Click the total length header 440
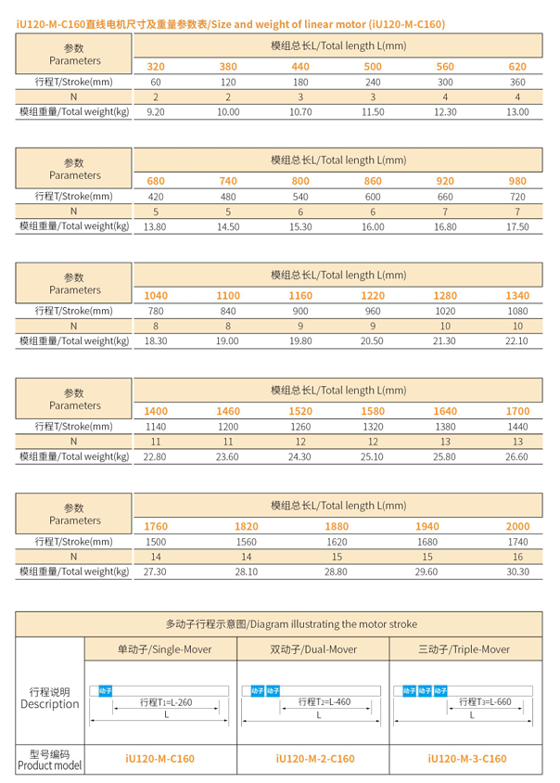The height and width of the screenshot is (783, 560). coord(300,66)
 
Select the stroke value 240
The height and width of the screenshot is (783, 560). coord(373,82)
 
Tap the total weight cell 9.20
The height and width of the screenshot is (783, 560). coord(156,112)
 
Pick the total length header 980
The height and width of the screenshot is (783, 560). coord(517,181)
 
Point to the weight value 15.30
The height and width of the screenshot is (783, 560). coord(300,226)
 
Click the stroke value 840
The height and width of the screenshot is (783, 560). coord(228,311)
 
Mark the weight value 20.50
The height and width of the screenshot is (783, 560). coord(373,341)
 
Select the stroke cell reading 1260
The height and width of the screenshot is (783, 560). coord(300,426)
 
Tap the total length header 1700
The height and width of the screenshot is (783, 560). coord(517,410)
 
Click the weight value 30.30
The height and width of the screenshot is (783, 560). coord(517,571)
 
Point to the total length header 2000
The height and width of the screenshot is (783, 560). coord(517,526)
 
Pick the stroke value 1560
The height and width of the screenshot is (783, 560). coord(247,541)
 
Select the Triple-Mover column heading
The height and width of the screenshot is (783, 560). coord(466,649)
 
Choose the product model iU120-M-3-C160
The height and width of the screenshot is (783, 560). coord(466,758)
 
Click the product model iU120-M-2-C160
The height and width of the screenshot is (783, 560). coord(315,758)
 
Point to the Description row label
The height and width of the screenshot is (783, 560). coord(49,698)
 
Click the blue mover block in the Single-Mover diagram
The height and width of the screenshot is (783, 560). coord(105,690)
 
